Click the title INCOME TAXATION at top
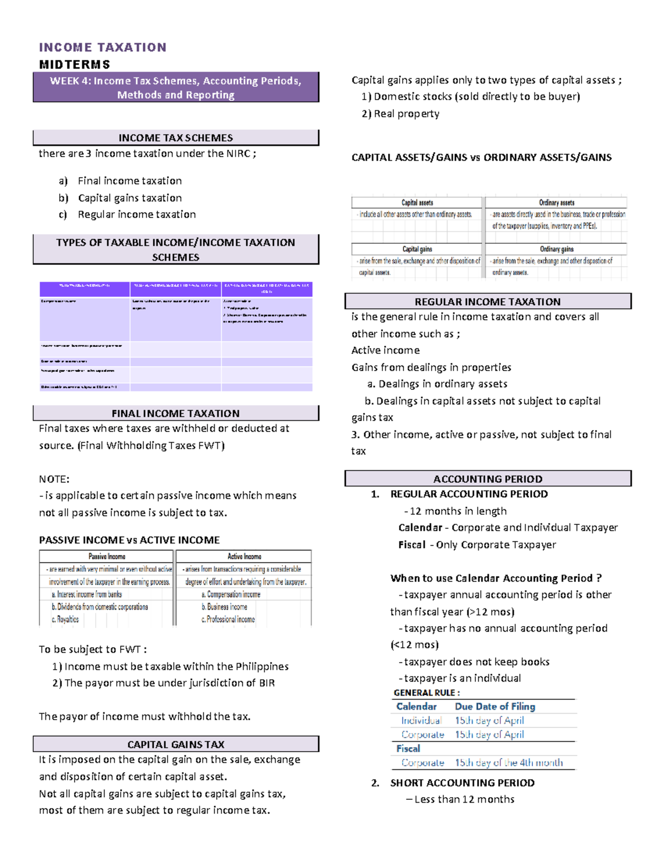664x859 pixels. (x=102, y=48)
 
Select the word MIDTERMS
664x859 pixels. (x=75, y=65)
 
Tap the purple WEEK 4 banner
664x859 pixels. (x=176, y=87)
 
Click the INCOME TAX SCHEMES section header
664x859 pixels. (x=176, y=138)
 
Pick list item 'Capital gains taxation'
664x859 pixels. (x=129, y=198)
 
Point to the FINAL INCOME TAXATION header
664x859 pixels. (x=176, y=413)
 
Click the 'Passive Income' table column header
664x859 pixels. (x=107, y=556)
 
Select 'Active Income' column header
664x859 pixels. (x=244, y=556)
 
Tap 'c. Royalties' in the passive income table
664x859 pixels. (x=65, y=619)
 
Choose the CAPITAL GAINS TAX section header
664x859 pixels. (x=176, y=745)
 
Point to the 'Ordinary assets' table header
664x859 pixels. (x=557, y=203)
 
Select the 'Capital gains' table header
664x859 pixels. (x=417, y=249)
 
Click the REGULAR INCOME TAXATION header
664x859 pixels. (x=487, y=302)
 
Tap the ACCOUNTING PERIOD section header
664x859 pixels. (x=487, y=479)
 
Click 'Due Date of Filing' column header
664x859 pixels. (x=495, y=707)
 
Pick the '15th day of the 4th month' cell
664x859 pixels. (x=509, y=763)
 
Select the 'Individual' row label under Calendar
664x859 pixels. (x=421, y=721)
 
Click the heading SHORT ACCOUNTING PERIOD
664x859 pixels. (x=462, y=783)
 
